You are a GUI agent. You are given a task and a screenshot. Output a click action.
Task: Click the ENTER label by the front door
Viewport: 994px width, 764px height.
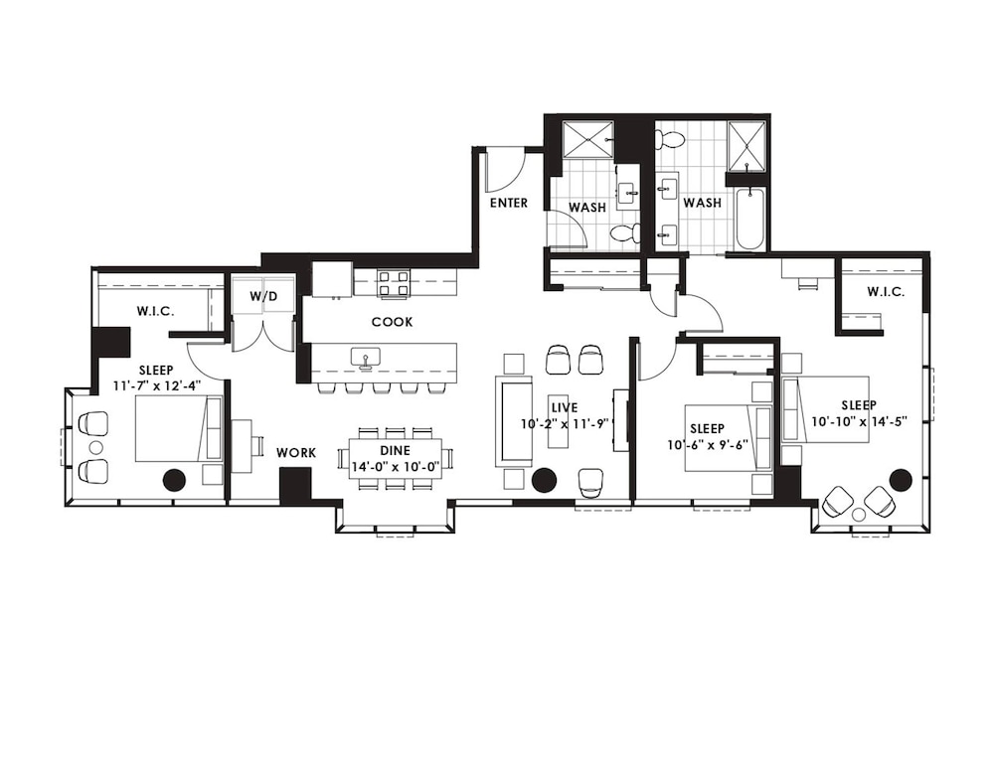[508, 203]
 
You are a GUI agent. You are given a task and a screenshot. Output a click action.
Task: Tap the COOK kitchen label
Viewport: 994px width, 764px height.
[392, 322]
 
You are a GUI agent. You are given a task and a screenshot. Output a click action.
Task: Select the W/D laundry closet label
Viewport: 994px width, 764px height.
[263, 296]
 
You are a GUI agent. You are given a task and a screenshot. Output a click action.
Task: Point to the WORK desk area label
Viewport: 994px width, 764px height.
[296, 453]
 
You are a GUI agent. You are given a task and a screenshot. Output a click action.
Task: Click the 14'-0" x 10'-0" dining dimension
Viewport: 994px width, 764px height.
[396, 467]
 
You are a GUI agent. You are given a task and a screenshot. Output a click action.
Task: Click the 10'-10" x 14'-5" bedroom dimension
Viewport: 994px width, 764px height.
[860, 420]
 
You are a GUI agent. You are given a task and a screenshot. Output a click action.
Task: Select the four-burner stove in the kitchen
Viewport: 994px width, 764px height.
[393, 283]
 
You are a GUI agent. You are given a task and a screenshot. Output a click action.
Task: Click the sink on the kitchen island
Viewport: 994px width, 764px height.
[365, 358]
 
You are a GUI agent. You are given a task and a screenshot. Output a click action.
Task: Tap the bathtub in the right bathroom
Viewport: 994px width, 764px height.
[749, 219]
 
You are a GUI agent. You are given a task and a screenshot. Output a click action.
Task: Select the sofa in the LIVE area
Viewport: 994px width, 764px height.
[514, 420]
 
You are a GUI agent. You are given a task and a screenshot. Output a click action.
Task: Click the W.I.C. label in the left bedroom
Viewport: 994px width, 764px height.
[155, 311]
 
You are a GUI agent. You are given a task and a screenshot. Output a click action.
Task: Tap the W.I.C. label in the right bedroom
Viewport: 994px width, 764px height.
[886, 292]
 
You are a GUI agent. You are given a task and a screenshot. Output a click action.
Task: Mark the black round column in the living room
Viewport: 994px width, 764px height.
[544, 480]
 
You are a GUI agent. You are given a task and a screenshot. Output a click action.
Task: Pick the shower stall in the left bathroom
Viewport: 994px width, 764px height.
[587, 138]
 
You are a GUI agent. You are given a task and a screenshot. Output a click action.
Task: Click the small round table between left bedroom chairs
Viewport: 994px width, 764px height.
[95, 447]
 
